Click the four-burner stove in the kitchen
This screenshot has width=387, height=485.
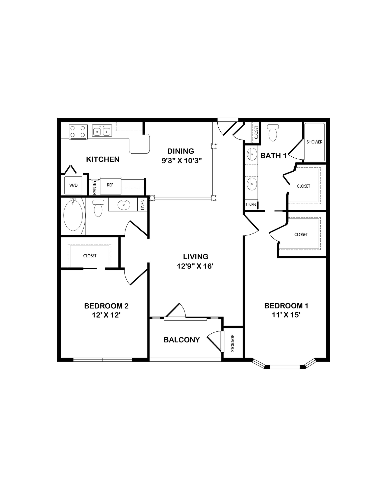click(x=78, y=132)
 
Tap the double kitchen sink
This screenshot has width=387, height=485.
click(x=102, y=131)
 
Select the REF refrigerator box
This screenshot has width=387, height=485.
click(x=111, y=186)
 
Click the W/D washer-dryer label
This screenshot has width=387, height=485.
click(x=73, y=185)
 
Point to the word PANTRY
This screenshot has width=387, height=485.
click(x=94, y=187)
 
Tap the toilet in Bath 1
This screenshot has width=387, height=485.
click(x=273, y=133)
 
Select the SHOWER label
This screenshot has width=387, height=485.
click(x=314, y=142)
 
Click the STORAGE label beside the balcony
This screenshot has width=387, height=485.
click(x=233, y=343)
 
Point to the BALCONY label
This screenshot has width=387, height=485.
click(x=182, y=340)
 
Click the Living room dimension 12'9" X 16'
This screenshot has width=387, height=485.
click(x=195, y=266)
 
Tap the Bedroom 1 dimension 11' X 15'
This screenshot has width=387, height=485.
click(x=286, y=315)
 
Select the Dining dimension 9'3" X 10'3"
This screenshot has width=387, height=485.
click(x=182, y=161)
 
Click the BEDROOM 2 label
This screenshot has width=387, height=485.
click(x=106, y=306)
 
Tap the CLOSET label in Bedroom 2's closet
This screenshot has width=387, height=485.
click(x=90, y=256)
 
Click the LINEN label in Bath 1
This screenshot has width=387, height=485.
click(x=251, y=205)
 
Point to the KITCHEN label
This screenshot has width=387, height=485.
click(x=103, y=159)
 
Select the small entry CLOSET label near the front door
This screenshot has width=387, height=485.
click(x=256, y=132)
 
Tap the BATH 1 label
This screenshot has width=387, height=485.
click(x=274, y=156)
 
